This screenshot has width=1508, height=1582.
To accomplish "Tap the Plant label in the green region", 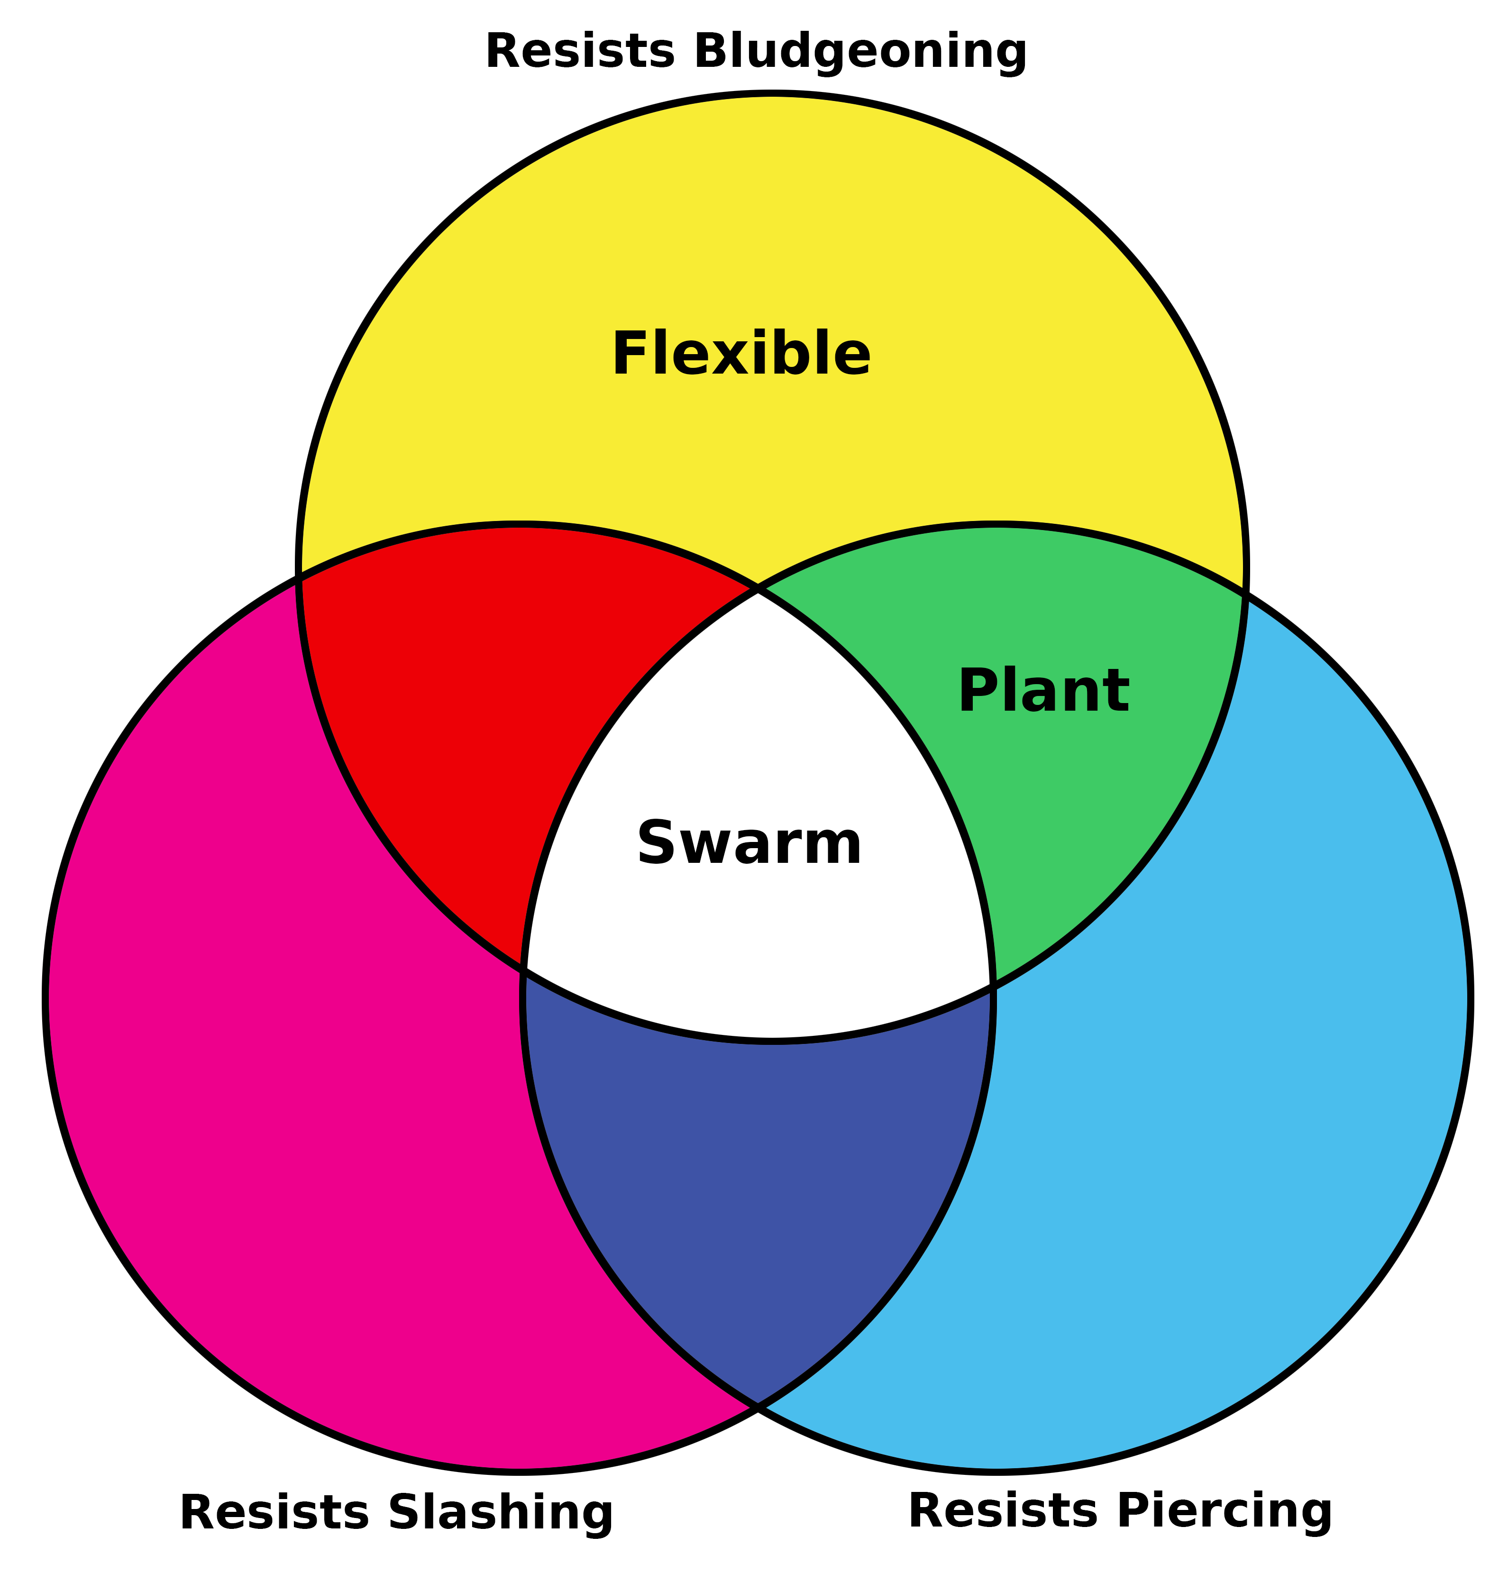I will (x=1043, y=691).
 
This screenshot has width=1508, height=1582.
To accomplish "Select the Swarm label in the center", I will (x=749, y=844).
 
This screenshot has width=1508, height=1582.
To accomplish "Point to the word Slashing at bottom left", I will (x=501, y=1513).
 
